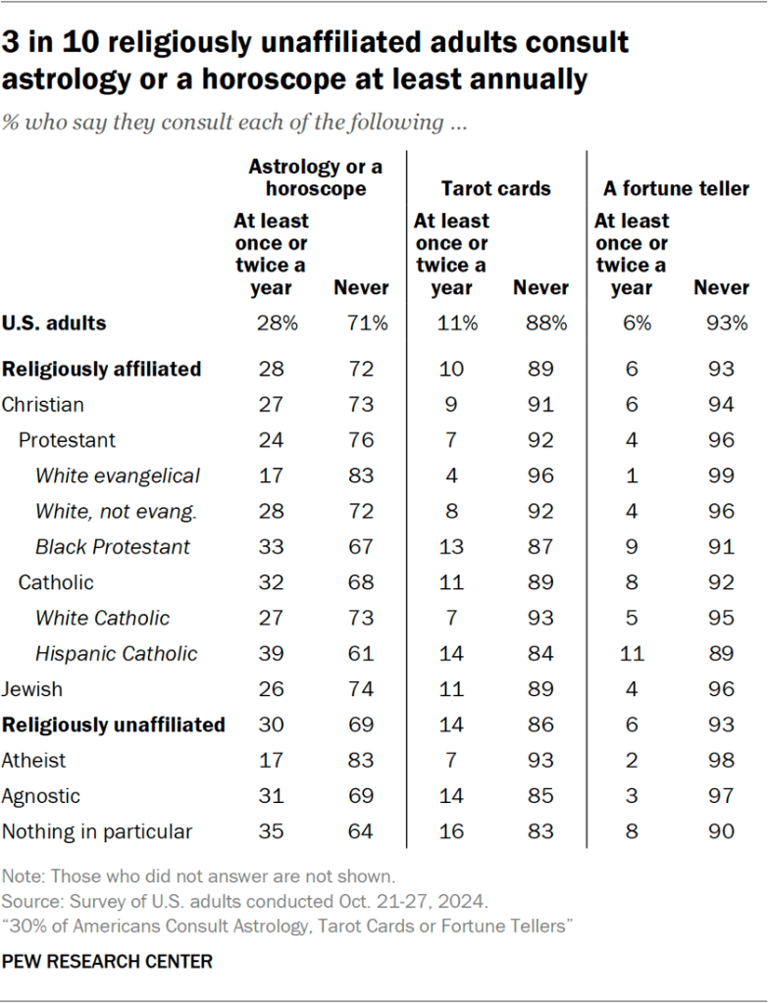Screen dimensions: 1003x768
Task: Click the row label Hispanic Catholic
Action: point(116,654)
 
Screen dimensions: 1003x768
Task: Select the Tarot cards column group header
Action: point(495,188)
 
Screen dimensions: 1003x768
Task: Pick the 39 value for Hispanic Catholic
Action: point(271,654)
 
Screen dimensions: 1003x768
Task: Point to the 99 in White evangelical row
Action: point(721,476)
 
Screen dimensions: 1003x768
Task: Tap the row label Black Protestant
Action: point(113,546)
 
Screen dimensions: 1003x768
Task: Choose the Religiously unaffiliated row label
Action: point(114,726)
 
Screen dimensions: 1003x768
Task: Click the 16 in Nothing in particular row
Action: point(452,831)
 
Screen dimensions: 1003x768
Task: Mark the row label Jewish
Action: point(33,689)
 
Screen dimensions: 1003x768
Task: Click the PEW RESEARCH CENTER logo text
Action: point(107,962)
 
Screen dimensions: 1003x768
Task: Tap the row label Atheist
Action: point(34,760)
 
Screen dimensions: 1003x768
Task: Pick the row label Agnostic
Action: point(41,796)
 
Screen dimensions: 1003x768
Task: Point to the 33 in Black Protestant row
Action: point(271,546)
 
